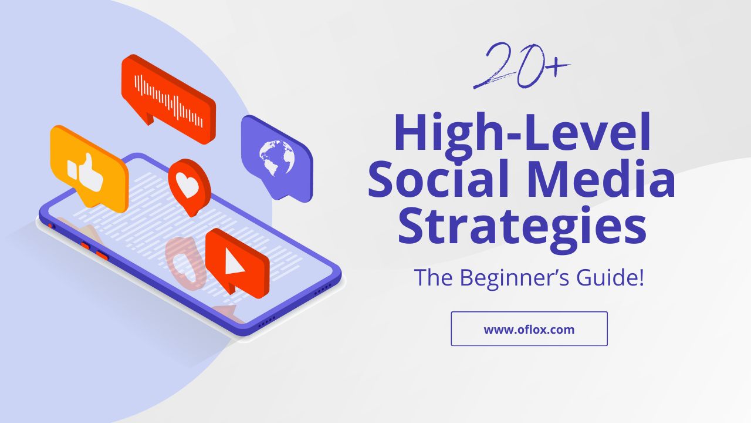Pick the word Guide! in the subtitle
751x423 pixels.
(x=611, y=277)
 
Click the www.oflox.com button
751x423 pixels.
(x=529, y=329)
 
